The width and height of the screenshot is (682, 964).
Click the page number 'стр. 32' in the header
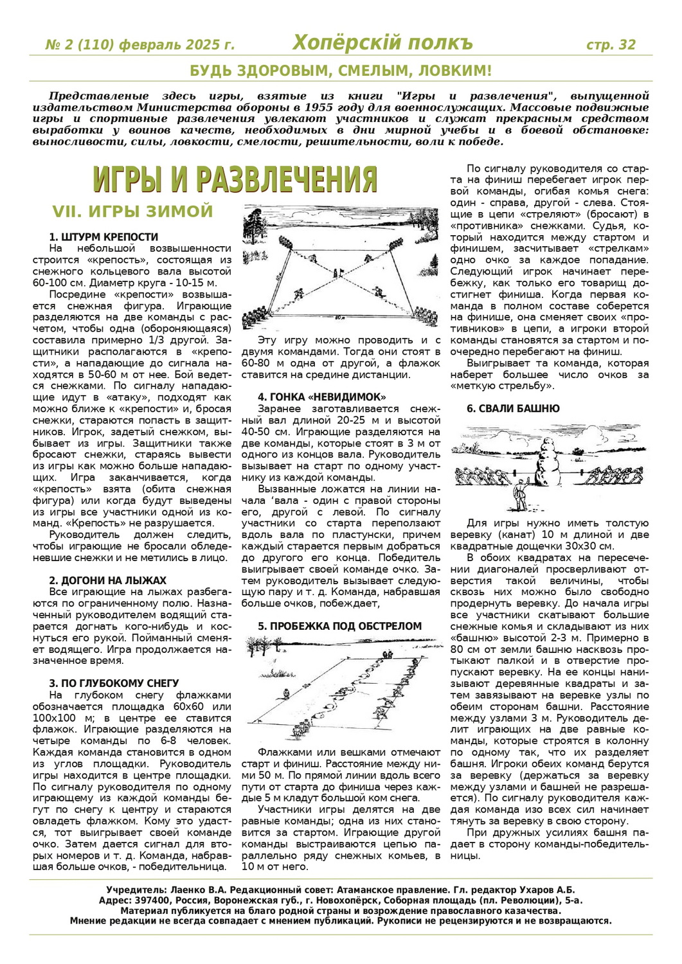pos(611,45)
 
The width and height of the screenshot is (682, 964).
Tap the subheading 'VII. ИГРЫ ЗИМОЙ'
pos(132,211)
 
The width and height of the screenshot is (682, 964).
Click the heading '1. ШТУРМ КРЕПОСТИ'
pos(103,237)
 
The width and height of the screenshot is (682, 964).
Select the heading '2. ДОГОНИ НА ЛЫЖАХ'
pos(107,580)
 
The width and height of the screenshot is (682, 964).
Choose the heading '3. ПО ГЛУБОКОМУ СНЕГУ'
pos(114,683)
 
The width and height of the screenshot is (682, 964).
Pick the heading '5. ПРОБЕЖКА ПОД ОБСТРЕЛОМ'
pos(339,626)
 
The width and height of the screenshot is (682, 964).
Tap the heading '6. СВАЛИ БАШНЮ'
pos(513,408)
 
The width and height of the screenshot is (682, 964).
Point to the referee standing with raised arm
pos(519,496)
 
